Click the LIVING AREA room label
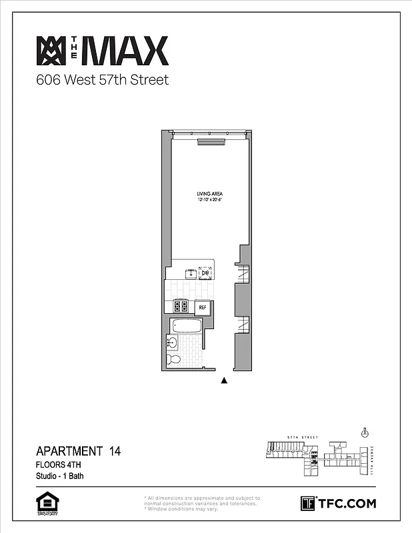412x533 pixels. pos(209,194)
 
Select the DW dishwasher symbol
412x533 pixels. pos(205,272)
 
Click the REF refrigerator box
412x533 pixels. pos(203,307)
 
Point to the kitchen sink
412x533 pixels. pos(189,272)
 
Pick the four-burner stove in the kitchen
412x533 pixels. pos(181,306)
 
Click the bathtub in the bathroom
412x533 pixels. pos(187,327)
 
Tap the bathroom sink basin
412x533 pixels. pos(172,343)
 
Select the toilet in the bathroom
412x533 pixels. pos(175,360)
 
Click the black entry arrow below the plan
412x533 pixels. pos(225,381)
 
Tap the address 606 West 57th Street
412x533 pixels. pos(102,81)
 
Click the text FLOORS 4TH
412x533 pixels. pos(59,464)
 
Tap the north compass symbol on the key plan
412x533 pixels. pos(364,432)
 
